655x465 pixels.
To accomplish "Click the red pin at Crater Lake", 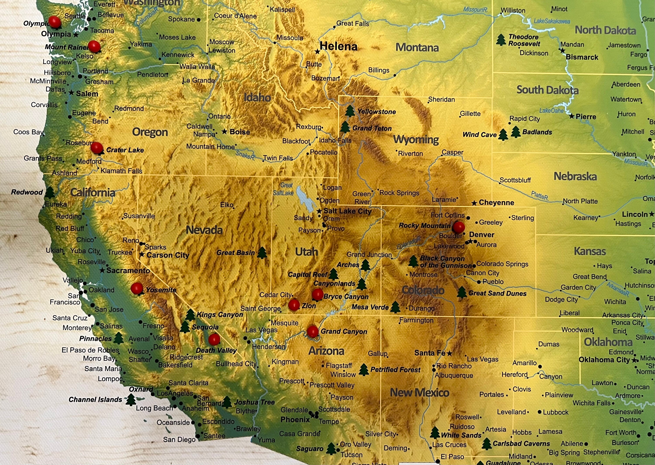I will click(x=97, y=148).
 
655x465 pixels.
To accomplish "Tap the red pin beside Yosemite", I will click(x=137, y=288).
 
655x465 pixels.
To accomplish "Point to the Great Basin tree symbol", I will click(x=262, y=253).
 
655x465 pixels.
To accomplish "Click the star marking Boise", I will click(x=224, y=131).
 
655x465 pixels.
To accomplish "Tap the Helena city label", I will click(x=338, y=46).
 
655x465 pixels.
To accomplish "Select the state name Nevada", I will click(x=204, y=230).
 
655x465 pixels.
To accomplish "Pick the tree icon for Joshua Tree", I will click(x=227, y=402).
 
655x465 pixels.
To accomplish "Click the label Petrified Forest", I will click(x=395, y=370).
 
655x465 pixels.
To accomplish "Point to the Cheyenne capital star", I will click(x=474, y=203).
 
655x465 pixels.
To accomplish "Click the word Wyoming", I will click(x=416, y=140).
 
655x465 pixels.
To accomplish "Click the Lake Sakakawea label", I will click(x=552, y=21).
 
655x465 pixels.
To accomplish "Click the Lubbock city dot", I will click(x=540, y=412).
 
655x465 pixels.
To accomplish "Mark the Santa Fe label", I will click(x=430, y=353).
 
